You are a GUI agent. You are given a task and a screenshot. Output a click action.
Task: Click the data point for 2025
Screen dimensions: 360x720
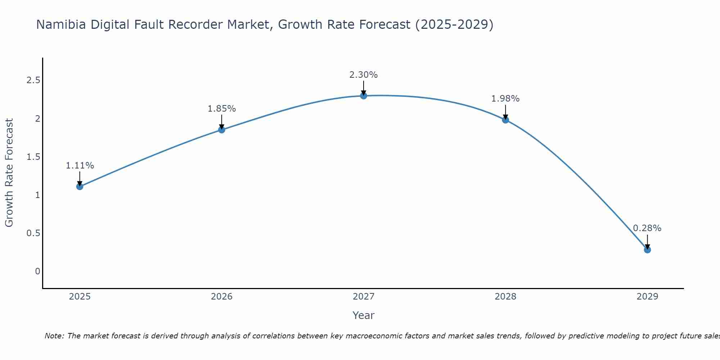(80, 186)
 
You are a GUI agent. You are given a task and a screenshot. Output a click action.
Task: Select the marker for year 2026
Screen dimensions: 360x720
(222, 130)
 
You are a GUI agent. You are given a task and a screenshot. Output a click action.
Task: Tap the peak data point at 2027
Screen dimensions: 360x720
(364, 96)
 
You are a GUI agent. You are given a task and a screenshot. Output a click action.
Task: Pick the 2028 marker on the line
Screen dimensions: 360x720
(505, 120)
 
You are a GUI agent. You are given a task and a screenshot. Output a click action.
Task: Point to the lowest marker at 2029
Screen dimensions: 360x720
(647, 250)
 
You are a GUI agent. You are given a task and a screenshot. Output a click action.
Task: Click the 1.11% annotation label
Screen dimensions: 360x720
(80, 166)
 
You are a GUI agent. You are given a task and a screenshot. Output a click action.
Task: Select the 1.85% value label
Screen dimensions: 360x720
(222, 109)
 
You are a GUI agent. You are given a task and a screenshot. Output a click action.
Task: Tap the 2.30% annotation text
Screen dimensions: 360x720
(364, 75)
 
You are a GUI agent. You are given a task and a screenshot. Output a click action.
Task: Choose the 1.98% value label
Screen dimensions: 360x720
(505, 99)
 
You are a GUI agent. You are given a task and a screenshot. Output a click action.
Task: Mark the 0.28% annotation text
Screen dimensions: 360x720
(647, 228)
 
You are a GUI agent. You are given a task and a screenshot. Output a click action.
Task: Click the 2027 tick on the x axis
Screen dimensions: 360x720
(364, 297)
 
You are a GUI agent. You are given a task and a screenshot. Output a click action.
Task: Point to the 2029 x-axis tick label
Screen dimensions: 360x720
(647, 297)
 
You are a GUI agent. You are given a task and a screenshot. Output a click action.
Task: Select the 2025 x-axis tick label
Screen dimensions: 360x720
(80, 297)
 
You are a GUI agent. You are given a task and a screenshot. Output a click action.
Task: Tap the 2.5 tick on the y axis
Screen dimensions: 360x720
(33, 80)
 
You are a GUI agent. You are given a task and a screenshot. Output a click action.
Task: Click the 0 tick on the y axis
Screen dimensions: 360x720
(37, 271)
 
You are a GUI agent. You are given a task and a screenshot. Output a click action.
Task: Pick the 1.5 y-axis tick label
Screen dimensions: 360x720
(33, 157)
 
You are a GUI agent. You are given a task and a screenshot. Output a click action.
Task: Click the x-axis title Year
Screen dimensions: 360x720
(364, 315)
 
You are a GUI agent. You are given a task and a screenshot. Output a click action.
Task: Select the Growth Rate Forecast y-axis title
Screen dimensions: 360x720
(9, 173)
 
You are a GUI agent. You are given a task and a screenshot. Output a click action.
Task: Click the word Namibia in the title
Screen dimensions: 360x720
(61, 25)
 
